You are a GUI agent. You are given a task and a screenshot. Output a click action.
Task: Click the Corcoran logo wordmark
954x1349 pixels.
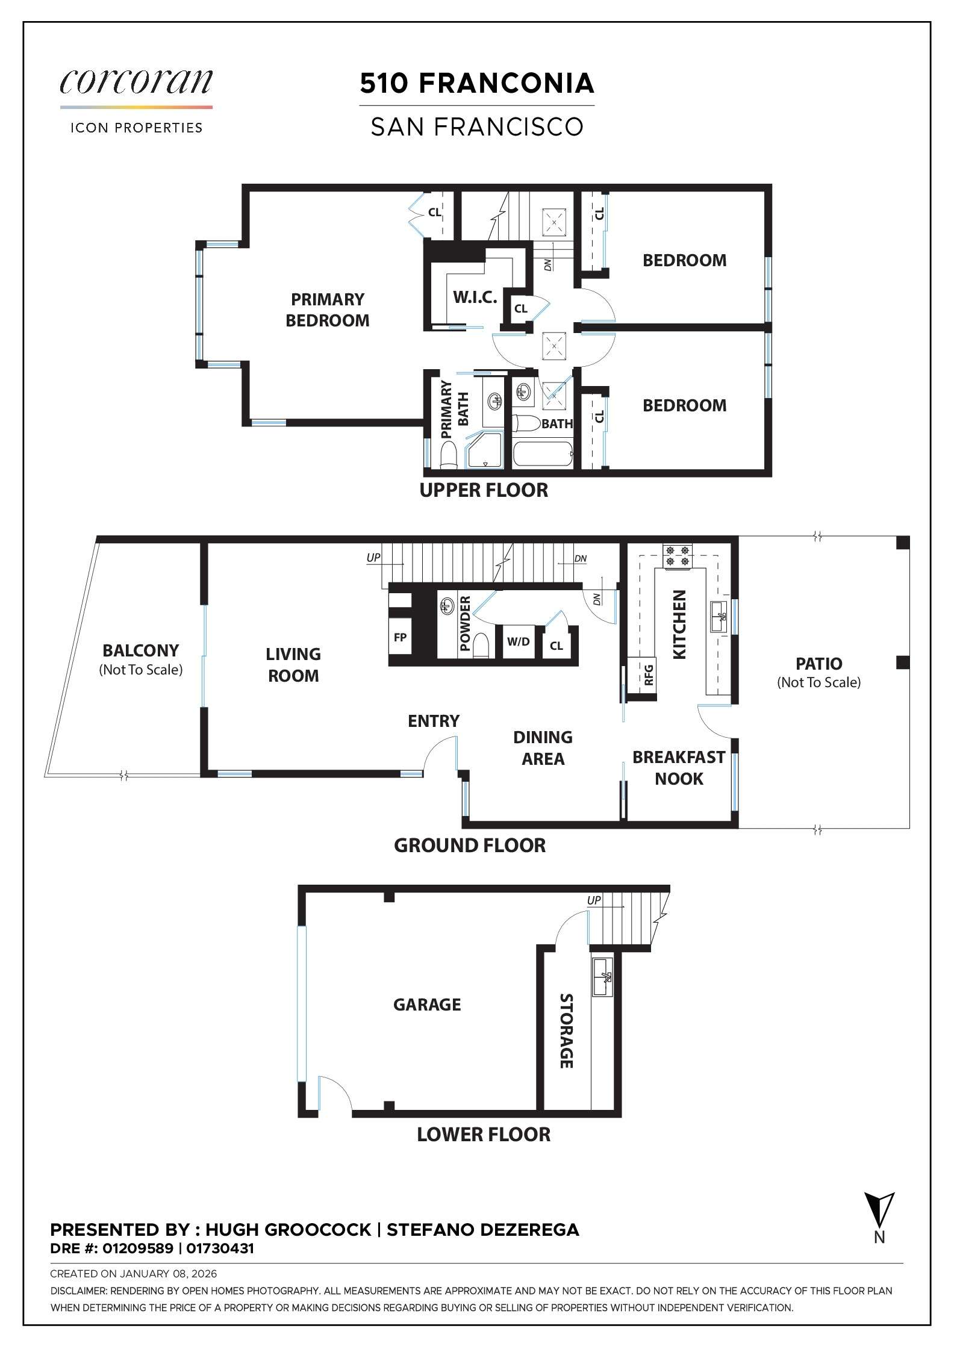136,82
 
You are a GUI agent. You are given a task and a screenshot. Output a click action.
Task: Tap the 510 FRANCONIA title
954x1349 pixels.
477,84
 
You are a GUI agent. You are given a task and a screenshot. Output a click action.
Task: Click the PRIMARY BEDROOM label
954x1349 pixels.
327,310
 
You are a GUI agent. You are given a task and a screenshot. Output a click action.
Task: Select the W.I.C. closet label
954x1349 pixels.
475,297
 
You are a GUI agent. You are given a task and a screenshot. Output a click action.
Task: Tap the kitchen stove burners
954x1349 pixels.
678,555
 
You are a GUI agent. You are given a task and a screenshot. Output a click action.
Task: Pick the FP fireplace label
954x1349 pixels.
400,637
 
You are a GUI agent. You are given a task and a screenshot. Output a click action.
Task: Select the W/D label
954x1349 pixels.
518,641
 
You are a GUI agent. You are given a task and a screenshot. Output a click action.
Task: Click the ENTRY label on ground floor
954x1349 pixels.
433,721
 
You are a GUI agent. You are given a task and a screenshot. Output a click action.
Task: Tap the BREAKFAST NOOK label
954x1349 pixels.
678,768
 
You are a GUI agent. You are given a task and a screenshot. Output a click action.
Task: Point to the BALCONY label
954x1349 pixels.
140,650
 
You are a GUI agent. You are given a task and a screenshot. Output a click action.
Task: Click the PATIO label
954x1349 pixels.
818,664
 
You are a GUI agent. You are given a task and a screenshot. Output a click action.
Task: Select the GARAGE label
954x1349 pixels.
427,1005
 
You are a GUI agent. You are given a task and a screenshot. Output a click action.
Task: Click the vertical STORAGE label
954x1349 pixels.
566,1031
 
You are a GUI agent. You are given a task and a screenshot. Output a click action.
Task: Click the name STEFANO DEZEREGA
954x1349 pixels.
483,1230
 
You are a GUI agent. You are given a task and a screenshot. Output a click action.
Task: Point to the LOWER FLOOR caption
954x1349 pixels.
484,1135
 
